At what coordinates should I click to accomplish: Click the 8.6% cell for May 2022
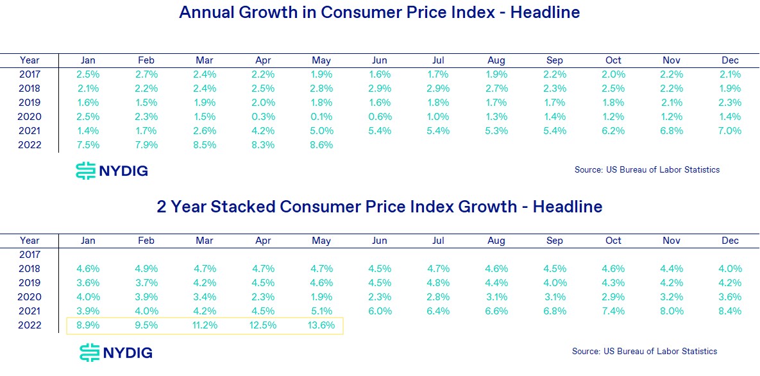(x=321, y=144)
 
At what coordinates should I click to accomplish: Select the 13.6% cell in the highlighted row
(x=321, y=325)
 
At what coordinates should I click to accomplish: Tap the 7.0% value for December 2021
(x=730, y=130)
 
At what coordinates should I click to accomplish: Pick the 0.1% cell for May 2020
(x=321, y=116)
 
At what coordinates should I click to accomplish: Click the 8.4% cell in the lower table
(x=730, y=311)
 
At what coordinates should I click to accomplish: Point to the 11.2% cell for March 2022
(x=205, y=325)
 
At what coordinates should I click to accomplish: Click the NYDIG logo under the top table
(x=112, y=171)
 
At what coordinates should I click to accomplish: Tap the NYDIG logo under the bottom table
(x=115, y=352)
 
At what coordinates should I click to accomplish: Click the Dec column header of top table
(x=730, y=60)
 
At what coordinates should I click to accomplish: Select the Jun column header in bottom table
(x=380, y=241)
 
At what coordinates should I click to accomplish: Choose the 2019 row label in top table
(x=30, y=102)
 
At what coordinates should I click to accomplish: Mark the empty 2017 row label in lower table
(x=30, y=255)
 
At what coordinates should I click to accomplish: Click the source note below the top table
(x=647, y=170)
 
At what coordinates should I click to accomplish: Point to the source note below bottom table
(x=645, y=351)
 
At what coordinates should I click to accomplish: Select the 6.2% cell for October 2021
(x=613, y=130)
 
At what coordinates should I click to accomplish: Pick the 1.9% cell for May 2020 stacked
(x=321, y=297)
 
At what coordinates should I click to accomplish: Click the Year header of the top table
(x=30, y=60)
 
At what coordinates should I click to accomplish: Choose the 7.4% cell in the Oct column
(x=613, y=311)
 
